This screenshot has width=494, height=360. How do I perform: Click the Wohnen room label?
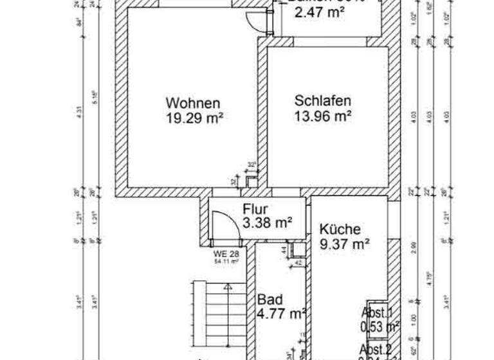[193, 103]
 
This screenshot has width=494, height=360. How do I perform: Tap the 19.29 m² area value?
[194, 118]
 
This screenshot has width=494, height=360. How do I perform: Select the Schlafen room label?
[323, 102]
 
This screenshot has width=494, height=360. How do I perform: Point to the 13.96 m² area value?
[323, 116]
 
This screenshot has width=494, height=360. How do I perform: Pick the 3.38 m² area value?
[268, 223]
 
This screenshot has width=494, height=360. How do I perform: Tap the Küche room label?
[340, 229]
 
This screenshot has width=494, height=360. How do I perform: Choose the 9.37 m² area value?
[345, 244]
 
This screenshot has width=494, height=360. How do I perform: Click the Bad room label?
[268, 300]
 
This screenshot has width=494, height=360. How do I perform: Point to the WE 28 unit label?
[226, 255]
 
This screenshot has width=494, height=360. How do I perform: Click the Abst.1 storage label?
[377, 312]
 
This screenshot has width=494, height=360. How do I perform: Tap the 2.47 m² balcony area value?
[321, 11]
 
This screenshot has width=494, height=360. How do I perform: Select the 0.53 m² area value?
[380, 326]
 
